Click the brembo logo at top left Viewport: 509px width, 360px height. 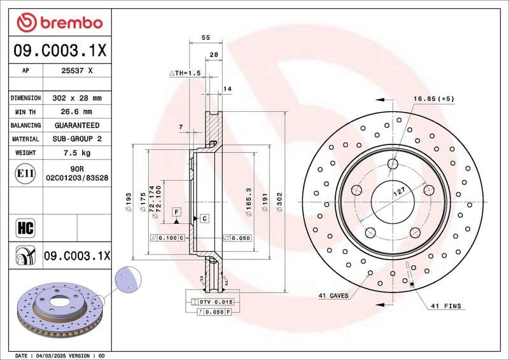(59, 23)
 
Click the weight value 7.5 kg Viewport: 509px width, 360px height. (78, 153)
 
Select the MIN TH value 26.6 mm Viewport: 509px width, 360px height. (78, 112)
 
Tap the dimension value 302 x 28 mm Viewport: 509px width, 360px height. (78, 99)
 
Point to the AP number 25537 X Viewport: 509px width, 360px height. (78, 71)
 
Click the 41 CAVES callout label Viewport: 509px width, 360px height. (333, 296)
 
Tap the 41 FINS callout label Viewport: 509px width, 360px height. (445, 306)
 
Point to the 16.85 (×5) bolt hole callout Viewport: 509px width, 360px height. (433, 99)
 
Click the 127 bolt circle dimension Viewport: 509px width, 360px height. (399, 191)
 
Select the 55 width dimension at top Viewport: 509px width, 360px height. (206, 38)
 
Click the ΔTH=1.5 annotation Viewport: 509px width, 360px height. (185, 74)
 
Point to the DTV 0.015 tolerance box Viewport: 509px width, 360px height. (216, 301)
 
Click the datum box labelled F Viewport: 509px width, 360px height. (176, 211)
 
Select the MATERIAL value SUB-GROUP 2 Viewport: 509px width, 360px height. (78, 139)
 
